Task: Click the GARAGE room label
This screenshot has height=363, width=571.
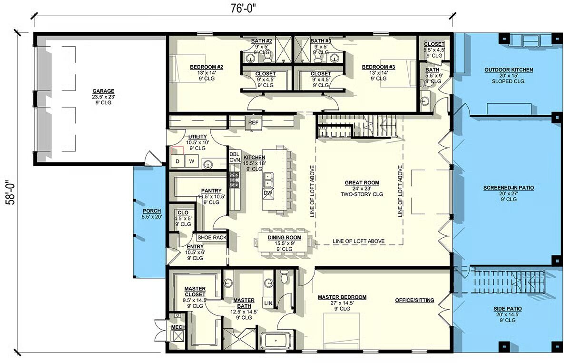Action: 103,91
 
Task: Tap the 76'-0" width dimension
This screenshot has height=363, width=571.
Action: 243,9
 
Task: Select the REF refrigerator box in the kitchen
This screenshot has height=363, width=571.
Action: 253,123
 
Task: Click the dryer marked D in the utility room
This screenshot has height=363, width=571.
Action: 177,161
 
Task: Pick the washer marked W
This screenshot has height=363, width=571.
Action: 192,161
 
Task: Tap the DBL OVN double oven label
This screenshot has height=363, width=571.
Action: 235,157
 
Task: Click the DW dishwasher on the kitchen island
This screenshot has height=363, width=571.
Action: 268,193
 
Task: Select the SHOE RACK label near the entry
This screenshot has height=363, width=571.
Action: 212,237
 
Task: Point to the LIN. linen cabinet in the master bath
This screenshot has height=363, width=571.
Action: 268,303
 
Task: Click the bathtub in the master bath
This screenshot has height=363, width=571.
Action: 276,341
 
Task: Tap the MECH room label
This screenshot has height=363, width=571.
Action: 178,327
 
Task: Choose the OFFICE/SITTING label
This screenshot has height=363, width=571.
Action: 414,300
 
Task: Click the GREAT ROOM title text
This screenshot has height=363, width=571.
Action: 362,183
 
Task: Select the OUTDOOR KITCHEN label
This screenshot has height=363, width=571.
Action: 509,70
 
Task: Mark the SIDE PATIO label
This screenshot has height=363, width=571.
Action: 508,309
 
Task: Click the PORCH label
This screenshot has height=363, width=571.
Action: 152,211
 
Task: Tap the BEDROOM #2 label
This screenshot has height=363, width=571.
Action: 207,67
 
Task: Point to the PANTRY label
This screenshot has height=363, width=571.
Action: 211,191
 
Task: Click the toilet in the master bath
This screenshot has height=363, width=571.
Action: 284,276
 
